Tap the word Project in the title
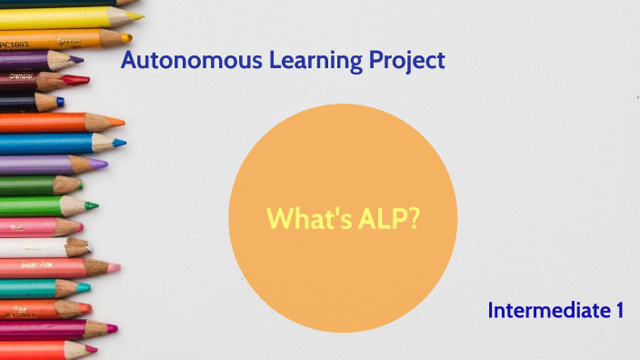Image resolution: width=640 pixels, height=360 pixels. pos(407,61)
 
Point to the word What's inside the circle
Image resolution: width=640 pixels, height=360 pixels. pos(304,218)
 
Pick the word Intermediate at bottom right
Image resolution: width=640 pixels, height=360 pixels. pos(545,310)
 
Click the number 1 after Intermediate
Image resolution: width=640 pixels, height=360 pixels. pos(618,310)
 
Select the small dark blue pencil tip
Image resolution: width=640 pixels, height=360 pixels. pos(60,101)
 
